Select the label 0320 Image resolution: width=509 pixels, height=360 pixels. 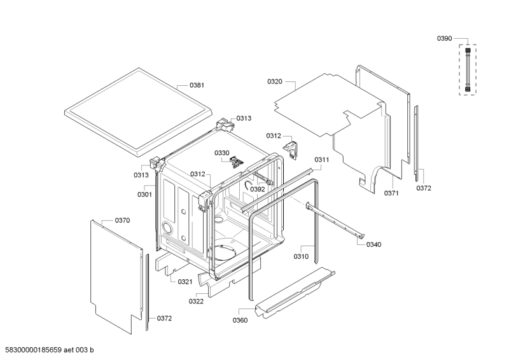[275, 81]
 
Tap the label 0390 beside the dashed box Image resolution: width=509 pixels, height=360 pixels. [444, 39]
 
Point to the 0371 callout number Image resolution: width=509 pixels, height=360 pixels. [391, 193]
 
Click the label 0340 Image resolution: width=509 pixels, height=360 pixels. [374, 244]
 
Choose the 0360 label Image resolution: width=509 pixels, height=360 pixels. [240, 320]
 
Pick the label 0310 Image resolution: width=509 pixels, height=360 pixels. [301, 256]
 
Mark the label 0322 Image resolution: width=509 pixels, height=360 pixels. [196, 301]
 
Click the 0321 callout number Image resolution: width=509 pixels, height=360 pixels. [185, 282]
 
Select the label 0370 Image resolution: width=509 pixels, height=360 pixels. [122, 220]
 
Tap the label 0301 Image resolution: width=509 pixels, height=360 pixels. [144, 194]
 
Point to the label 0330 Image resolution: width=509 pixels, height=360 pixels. [221, 153]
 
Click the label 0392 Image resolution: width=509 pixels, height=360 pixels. [257, 189]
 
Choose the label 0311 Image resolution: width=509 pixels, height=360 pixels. [321, 160]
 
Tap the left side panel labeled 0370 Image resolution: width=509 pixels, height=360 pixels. [115, 273]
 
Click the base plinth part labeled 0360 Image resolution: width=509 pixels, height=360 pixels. [293, 293]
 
